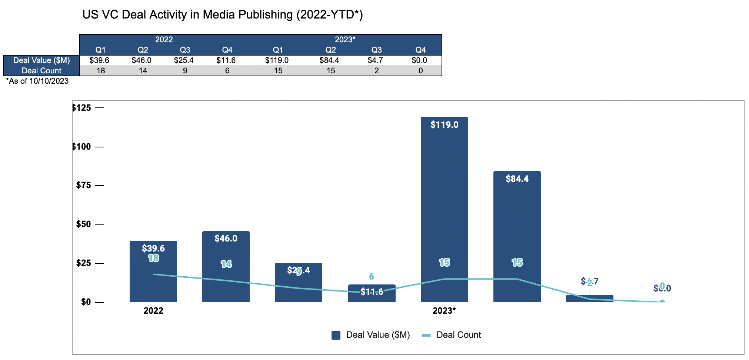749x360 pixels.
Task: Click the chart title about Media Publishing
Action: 222,15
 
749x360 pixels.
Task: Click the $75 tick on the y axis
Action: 83,185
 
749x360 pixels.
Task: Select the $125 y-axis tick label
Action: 81,108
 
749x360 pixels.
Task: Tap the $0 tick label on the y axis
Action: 86,302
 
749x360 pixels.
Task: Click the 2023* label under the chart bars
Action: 444,311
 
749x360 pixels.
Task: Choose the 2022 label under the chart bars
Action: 153,311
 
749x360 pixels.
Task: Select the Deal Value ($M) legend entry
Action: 371,335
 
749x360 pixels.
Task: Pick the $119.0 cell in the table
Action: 277,60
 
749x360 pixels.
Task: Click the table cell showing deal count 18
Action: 101,71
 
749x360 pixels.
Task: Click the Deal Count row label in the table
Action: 41,71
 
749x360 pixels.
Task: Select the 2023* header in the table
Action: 345,40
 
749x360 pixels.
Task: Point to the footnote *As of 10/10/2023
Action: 37,81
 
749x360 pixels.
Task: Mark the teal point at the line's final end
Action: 662,302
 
